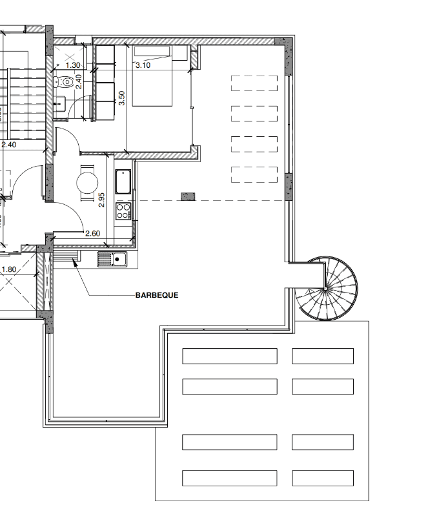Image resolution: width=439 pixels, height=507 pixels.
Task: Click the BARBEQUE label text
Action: (x=157, y=295)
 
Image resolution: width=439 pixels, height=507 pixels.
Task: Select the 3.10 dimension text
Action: (x=143, y=65)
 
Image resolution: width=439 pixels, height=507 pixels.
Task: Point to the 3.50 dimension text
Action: (x=121, y=98)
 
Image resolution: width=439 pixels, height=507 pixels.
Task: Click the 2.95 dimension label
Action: (x=101, y=200)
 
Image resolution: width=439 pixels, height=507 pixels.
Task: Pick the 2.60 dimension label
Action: (x=93, y=233)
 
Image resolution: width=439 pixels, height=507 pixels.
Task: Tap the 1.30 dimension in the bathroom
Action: (x=73, y=65)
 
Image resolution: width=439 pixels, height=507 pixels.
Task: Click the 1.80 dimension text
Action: (x=9, y=269)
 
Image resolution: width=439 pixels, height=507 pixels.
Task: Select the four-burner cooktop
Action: (x=123, y=211)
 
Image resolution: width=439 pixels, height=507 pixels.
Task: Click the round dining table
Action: (x=87, y=183)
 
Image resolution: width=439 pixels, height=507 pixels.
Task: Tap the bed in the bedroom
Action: (x=152, y=76)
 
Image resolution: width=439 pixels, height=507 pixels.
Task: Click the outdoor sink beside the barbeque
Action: (x=112, y=260)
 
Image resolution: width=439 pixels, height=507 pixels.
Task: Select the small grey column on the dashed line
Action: (x=188, y=196)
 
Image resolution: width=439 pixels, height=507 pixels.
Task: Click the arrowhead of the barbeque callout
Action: (x=75, y=263)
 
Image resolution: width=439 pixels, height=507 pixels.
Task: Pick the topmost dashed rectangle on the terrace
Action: (x=254, y=83)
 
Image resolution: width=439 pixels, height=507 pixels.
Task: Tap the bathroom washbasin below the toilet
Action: (x=59, y=104)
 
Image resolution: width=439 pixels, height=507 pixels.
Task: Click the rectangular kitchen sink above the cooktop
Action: (x=123, y=181)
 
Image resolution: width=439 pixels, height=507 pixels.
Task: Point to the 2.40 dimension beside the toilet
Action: (x=78, y=81)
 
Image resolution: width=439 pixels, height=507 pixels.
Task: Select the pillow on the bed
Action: (x=152, y=52)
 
